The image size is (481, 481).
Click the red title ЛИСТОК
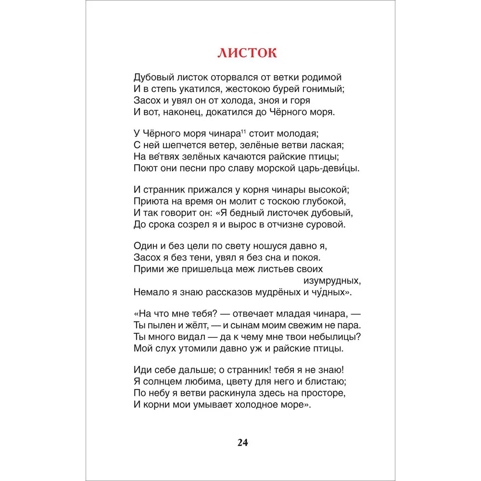(247, 52)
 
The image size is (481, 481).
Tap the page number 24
(242, 443)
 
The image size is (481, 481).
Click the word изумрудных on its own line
(332, 280)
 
